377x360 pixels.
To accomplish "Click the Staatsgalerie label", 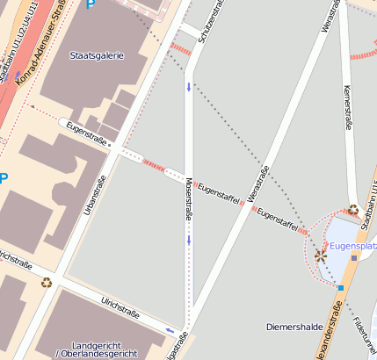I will (97, 55).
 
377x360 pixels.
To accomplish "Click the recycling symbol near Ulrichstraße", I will (46, 282).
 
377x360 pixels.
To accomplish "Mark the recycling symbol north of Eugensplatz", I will (352, 210).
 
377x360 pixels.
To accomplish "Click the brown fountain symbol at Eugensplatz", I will (320, 256).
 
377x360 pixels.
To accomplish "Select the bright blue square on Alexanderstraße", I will (340, 287).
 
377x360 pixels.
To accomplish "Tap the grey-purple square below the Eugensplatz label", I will (353, 258).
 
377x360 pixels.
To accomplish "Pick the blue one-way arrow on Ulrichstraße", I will (169, 330).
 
